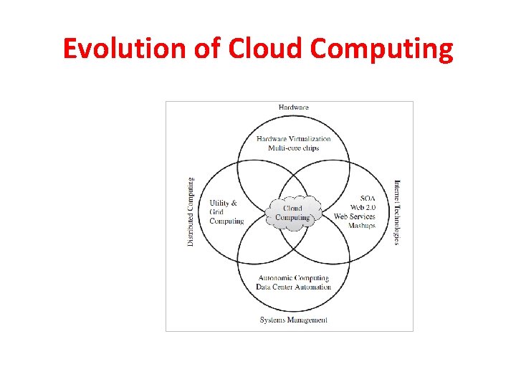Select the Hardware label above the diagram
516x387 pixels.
pos(293,107)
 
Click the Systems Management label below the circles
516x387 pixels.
pos(294,320)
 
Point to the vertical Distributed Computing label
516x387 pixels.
pos(191,212)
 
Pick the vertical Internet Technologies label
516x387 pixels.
pos(396,212)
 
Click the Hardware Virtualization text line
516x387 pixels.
pos(294,139)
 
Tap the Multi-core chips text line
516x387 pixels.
pos(294,148)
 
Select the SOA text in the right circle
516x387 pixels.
pos(368,198)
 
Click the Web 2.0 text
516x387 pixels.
pos(362,207)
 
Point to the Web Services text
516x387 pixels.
pos(355,216)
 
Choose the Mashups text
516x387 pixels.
pos(362,226)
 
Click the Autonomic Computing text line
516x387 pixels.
pos(294,278)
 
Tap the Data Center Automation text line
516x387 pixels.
pos(294,287)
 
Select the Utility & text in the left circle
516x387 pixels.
pos(224,203)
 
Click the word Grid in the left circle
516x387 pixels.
pos(216,212)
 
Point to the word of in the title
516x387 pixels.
pos(212,49)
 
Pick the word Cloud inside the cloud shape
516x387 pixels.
pos(292,209)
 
